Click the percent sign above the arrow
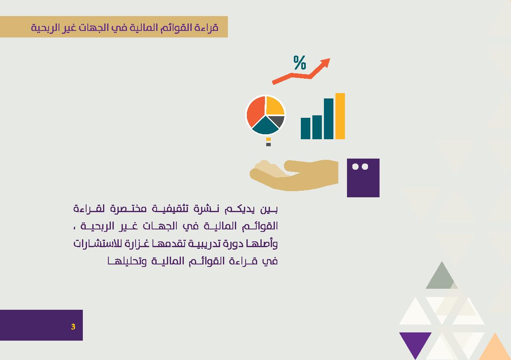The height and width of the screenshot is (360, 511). (300, 63)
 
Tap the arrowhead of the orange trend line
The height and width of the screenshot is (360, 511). (326, 62)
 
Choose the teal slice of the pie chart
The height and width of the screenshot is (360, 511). (265, 127)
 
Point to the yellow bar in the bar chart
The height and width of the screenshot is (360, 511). (340, 116)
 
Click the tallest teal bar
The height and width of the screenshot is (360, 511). (328, 119)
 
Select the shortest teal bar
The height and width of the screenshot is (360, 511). (305, 129)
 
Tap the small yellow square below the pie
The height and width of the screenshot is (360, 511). (269, 139)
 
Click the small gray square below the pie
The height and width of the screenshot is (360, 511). (269, 145)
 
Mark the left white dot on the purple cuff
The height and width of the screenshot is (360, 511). (355, 166)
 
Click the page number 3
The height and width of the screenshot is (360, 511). (73, 327)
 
